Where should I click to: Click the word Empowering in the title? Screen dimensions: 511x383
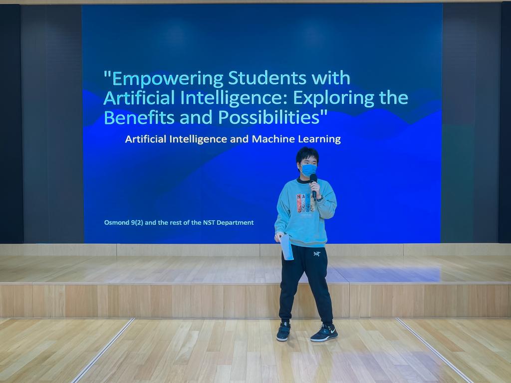(x=167, y=79)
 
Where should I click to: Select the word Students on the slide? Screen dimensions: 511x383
(x=267, y=77)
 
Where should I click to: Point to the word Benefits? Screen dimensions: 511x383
(x=139, y=117)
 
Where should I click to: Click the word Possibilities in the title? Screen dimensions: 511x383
(x=269, y=118)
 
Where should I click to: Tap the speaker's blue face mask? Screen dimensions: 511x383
(x=308, y=170)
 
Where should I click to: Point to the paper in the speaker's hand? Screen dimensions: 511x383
(x=286, y=247)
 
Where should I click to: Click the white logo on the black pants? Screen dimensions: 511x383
(x=317, y=254)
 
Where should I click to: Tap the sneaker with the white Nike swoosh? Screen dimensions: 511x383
(x=324, y=333)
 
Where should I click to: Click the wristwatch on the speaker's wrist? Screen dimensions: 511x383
(x=320, y=198)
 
